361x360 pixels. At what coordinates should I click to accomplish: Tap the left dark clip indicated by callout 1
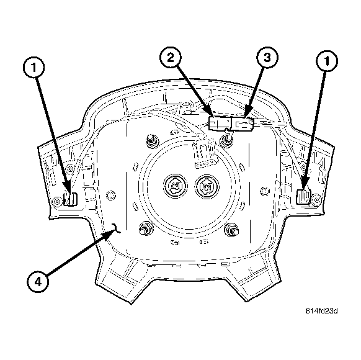pos(69,199)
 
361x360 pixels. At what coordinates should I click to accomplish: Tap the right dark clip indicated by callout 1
pos(304,197)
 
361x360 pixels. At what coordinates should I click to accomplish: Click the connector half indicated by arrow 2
pos(219,123)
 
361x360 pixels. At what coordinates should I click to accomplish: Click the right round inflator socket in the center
pos(205,185)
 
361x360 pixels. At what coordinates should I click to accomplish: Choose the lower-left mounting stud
pos(146,228)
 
